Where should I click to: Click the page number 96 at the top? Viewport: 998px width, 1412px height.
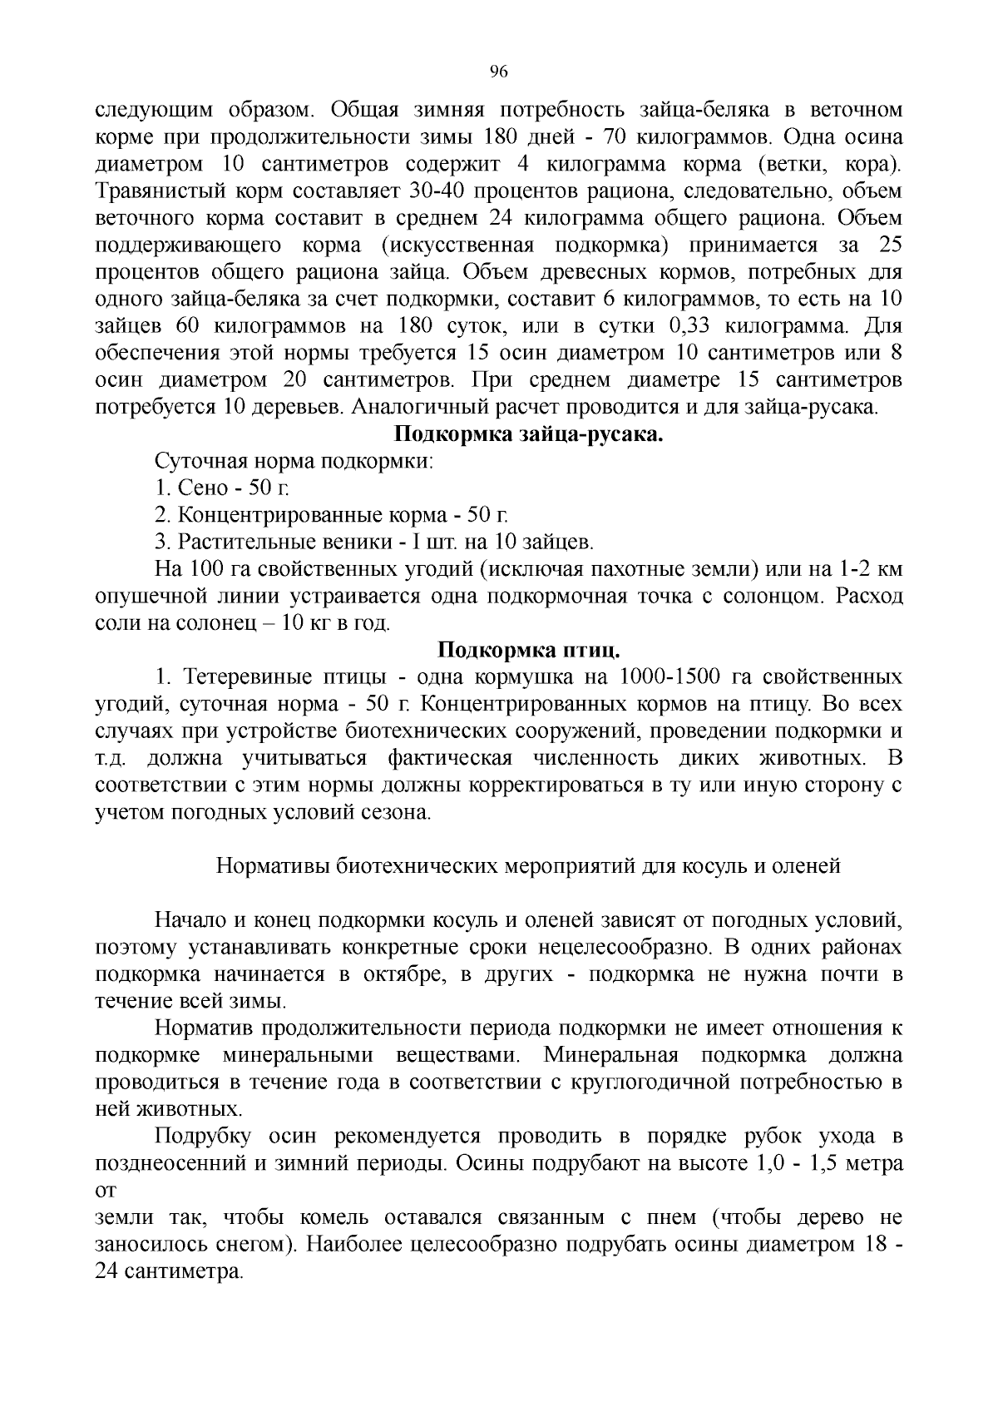pos(499,71)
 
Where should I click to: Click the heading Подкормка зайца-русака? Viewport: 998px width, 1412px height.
pos(527,434)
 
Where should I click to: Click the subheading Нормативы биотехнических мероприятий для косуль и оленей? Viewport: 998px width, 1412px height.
pos(528,865)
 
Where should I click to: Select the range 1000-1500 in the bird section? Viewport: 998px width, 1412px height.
pos(669,677)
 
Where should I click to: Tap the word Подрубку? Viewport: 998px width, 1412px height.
pos(204,1137)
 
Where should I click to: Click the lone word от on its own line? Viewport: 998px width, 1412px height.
pos(106,1192)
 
